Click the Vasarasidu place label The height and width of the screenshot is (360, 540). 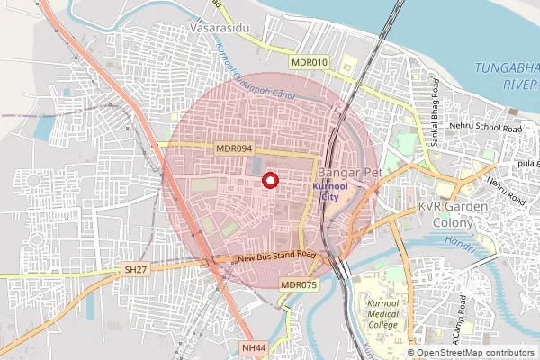click(219, 29)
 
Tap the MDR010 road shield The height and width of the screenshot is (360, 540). click(310, 62)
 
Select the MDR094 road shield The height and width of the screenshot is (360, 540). click(233, 149)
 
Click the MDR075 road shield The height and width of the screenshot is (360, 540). click(299, 285)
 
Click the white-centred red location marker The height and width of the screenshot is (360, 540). click(268, 181)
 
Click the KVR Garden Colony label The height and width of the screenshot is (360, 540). click(453, 214)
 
